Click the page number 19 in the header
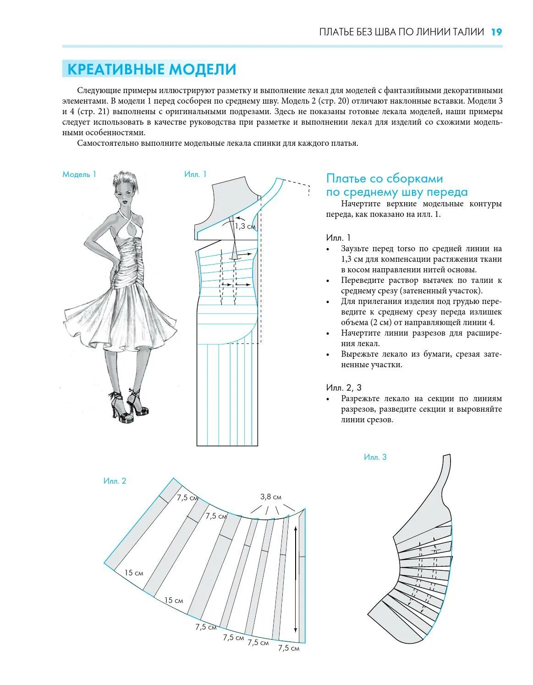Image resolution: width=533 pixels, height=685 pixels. [x=496, y=32]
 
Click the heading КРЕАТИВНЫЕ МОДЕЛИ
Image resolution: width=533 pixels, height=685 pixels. [x=152, y=69]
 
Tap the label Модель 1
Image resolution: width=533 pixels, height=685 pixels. [x=79, y=174]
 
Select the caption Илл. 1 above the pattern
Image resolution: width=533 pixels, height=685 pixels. [x=195, y=174]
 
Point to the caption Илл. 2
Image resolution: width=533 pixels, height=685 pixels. [x=115, y=481]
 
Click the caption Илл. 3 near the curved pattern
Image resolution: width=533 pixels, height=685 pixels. [x=375, y=457]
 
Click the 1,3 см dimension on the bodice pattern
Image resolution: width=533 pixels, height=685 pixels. [x=245, y=226]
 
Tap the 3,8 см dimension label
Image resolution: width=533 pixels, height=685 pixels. [x=271, y=497]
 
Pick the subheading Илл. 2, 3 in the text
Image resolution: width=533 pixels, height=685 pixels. [x=344, y=387]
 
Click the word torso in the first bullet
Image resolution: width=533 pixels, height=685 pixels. [x=406, y=249]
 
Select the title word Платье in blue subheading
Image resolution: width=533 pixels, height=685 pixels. [x=346, y=179]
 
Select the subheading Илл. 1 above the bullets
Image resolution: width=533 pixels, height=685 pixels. [x=338, y=238]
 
